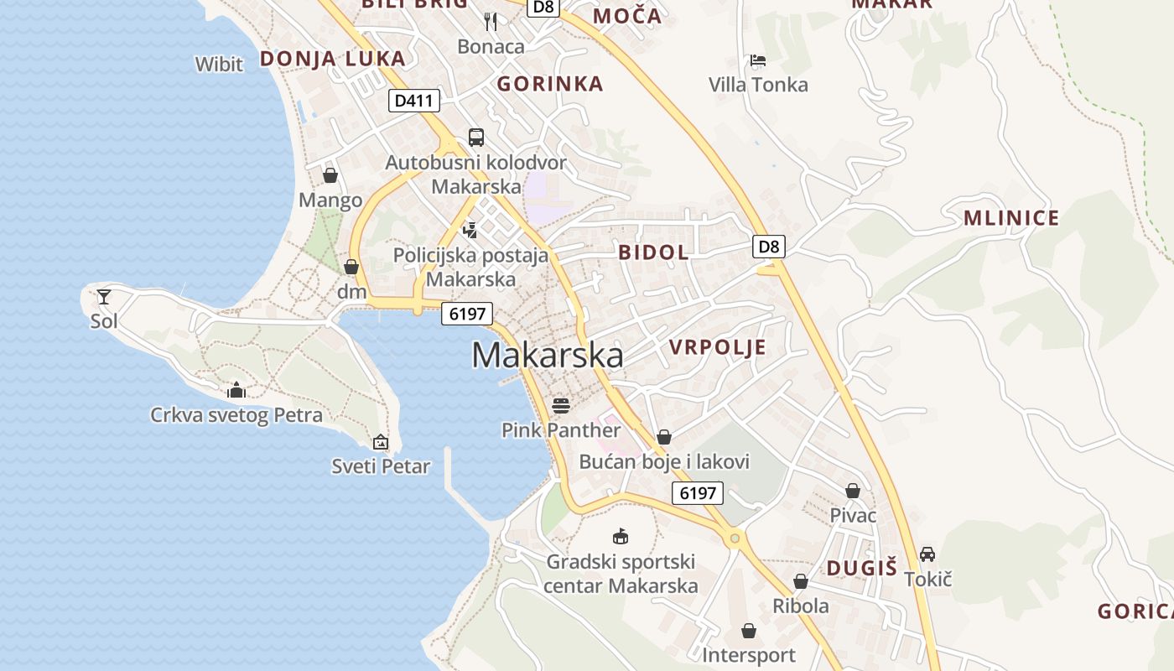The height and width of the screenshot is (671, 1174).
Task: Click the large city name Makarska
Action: click(547, 355)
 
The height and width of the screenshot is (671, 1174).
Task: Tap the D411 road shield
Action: click(414, 101)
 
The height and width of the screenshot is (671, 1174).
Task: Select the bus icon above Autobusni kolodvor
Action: click(476, 138)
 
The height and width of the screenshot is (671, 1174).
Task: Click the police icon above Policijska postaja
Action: click(470, 230)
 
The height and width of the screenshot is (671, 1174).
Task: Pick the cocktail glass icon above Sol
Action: click(104, 296)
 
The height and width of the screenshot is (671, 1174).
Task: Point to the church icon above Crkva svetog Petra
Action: click(236, 390)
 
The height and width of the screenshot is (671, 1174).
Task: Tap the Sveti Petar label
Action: click(381, 466)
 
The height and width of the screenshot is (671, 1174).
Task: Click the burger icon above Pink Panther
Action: click(561, 407)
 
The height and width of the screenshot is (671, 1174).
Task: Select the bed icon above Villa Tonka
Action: click(758, 60)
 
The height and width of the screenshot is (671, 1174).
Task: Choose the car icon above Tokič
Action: click(927, 554)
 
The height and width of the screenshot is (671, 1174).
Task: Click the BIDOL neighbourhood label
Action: click(653, 252)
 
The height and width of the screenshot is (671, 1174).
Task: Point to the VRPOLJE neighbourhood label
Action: click(717, 347)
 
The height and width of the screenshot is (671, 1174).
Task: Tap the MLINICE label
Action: click(1011, 219)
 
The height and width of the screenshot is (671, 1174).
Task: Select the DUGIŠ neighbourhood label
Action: click(861, 568)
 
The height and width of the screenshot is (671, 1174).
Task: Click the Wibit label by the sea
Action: click(219, 64)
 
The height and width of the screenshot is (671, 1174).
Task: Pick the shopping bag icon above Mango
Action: click(330, 175)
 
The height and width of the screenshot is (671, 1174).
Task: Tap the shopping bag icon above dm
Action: click(351, 268)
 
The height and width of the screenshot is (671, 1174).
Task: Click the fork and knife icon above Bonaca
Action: click(491, 22)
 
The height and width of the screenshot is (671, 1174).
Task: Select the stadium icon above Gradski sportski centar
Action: click(621, 536)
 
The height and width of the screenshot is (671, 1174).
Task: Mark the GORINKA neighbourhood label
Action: click(550, 83)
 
